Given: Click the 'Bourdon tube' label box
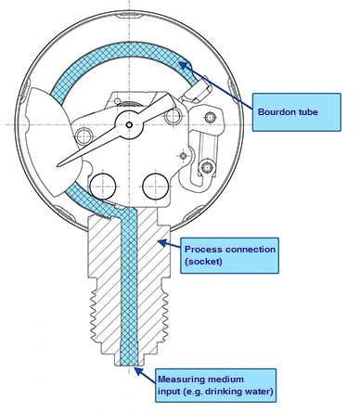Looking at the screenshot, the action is click(x=297, y=112).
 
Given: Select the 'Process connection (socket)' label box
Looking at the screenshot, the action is click(x=229, y=255).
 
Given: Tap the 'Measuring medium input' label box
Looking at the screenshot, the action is click(x=215, y=385).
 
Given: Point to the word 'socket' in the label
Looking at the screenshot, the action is click(x=203, y=262).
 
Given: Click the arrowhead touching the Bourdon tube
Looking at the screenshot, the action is click(x=184, y=66).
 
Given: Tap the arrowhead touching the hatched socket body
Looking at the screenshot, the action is click(x=163, y=243).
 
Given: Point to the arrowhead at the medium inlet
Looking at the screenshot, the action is click(x=139, y=371).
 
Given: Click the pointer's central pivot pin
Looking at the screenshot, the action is click(x=129, y=125).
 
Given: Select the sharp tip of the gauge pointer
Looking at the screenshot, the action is click(x=58, y=166).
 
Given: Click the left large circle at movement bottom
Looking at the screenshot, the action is click(x=102, y=187).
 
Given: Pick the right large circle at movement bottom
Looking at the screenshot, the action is click(x=156, y=187).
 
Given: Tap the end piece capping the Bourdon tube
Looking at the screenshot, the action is click(x=199, y=90).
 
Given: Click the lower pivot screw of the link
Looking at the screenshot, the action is click(x=207, y=167).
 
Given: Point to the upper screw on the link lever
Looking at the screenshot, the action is click(x=211, y=118).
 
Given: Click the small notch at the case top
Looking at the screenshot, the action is click(x=129, y=15).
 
